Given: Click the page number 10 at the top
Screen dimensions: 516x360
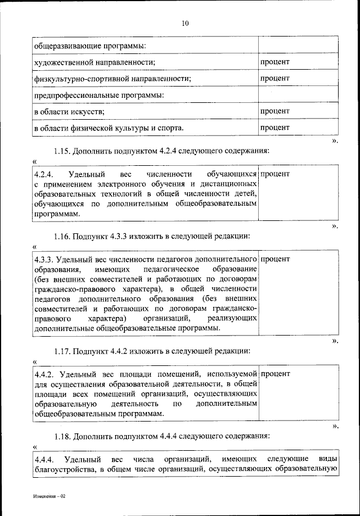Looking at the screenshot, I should [186, 23].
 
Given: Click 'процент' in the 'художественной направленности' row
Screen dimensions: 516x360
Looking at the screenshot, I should [274, 61].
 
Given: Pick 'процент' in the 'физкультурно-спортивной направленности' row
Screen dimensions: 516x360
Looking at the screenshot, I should [274, 78].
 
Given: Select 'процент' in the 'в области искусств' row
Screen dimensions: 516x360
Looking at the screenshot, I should [274, 111].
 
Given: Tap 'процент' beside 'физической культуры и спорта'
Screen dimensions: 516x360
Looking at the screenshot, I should [274, 128].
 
